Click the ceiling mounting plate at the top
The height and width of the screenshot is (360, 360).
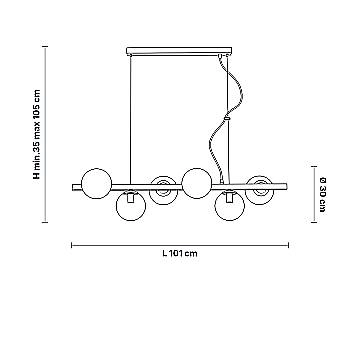click(179, 51)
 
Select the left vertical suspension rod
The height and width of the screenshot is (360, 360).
click(130, 119)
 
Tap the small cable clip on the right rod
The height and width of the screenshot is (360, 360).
click(227, 118)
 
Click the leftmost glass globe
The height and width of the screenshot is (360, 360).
click(97, 183)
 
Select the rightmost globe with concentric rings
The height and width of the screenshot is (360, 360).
click(260, 190)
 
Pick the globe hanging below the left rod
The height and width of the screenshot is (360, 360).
click(131, 206)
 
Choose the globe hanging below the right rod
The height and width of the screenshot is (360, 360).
click(230, 206)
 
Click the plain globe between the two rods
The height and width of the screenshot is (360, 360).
click(197, 183)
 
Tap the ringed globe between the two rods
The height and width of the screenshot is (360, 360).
click(163, 190)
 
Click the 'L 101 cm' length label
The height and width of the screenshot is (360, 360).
click(180, 253)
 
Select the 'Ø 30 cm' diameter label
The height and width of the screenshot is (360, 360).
click(322, 195)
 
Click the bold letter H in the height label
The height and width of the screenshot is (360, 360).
click(37, 175)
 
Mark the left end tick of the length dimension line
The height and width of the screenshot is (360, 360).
click(72, 245)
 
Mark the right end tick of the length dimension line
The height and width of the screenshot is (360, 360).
click(288, 245)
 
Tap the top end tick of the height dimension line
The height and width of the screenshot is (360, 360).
click(45, 47)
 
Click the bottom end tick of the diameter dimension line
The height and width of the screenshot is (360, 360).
click(314, 222)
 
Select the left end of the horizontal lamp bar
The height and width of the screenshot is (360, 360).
click(73, 187)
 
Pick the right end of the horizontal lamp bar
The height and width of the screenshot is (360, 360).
click(287, 186)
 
